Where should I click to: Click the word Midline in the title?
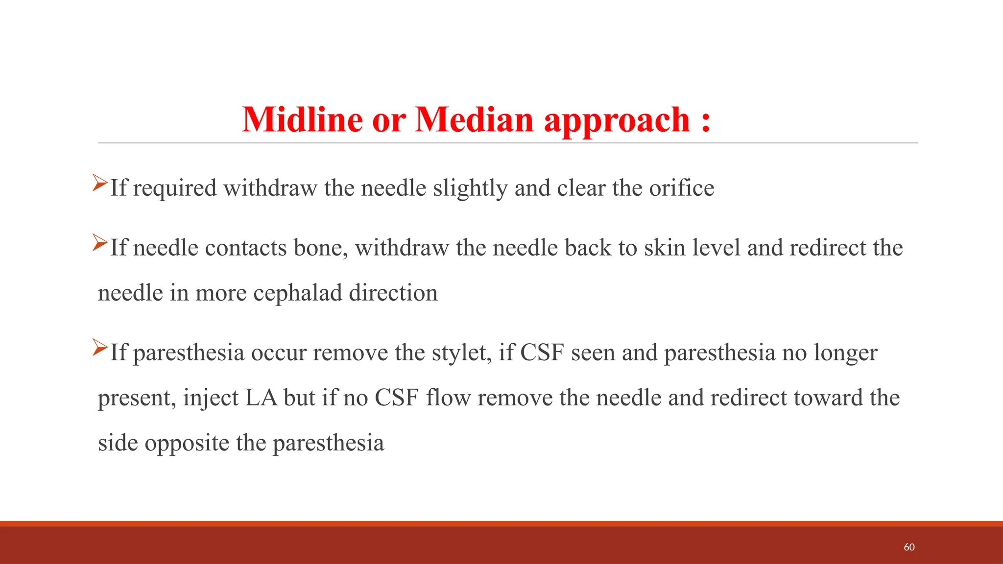[302, 119]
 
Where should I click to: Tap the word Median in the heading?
[474, 119]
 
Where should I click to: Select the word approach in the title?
[617, 120]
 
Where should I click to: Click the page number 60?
[909, 547]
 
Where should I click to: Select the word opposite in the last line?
[187, 444]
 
